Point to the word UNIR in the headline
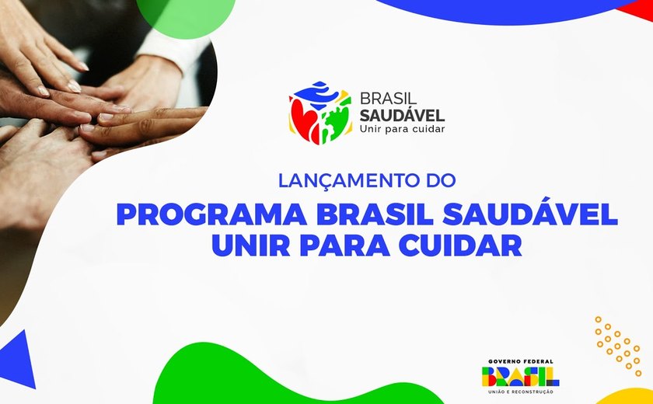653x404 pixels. (252, 246)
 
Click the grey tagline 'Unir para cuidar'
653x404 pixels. (402, 129)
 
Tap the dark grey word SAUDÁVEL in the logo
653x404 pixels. (402, 115)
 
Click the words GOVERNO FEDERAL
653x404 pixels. (520, 360)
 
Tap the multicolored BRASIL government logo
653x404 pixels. (520, 377)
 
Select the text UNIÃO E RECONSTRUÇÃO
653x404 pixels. (520, 392)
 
